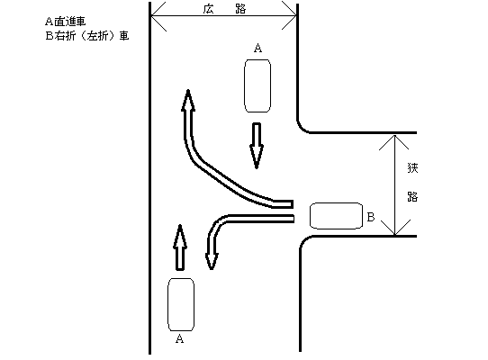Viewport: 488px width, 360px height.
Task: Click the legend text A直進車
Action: click(x=66, y=22)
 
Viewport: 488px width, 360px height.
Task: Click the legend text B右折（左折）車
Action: click(x=87, y=36)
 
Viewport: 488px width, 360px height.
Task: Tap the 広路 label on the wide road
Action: click(x=224, y=9)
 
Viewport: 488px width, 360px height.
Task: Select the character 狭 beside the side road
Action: click(x=412, y=168)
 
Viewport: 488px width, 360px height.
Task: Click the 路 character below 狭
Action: click(x=412, y=196)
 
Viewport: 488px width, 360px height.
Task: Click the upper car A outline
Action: click(x=258, y=85)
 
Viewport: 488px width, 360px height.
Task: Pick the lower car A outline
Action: click(x=181, y=304)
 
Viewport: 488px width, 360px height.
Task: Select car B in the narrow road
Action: click(x=336, y=216)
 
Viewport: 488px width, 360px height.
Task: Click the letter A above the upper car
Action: click(x=258, y=49)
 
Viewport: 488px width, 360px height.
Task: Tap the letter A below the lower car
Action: click(x=179, y=338)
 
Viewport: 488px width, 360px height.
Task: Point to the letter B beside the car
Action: click(x=371, y=217)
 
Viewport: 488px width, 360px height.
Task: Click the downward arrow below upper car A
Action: click(x=257, y=146)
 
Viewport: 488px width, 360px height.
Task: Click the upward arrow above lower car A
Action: click(x=180, y=247)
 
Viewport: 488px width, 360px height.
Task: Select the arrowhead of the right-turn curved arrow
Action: click(x=188, y=100)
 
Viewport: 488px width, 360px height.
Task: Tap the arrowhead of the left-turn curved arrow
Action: click(x=212, y=261)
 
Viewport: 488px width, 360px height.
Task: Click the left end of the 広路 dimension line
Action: click(x=151, y=15)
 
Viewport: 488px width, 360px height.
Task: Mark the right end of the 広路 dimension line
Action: click(x=296, y=15)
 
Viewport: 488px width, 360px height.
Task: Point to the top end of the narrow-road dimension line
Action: click(x=394, y=135)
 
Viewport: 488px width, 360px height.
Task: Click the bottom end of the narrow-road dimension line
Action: click(x=394, y=235)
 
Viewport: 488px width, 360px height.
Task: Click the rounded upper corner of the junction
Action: click(x=302, y=129)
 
